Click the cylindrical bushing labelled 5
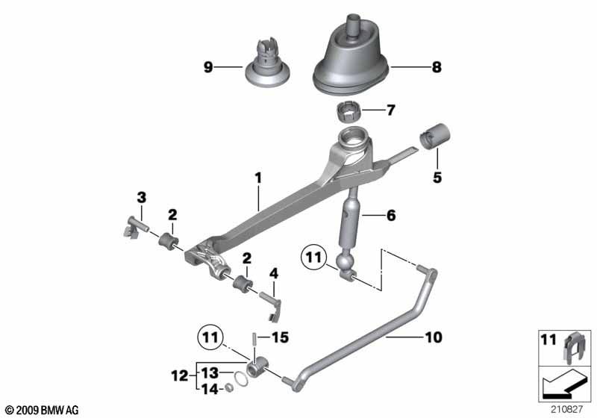(435, 137)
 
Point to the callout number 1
(258, 178)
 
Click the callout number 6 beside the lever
(391, 216)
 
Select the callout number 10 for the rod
(434, 337)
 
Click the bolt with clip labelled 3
(135, 228)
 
